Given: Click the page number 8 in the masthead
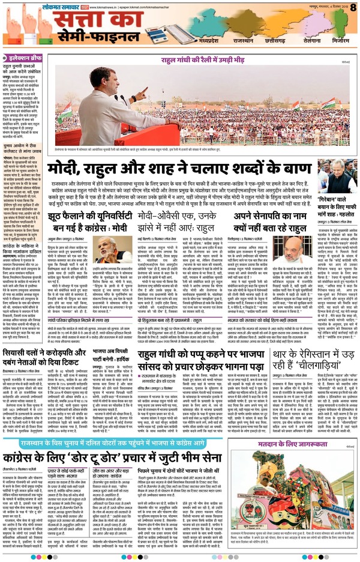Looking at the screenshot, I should click(x=353, y=8).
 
